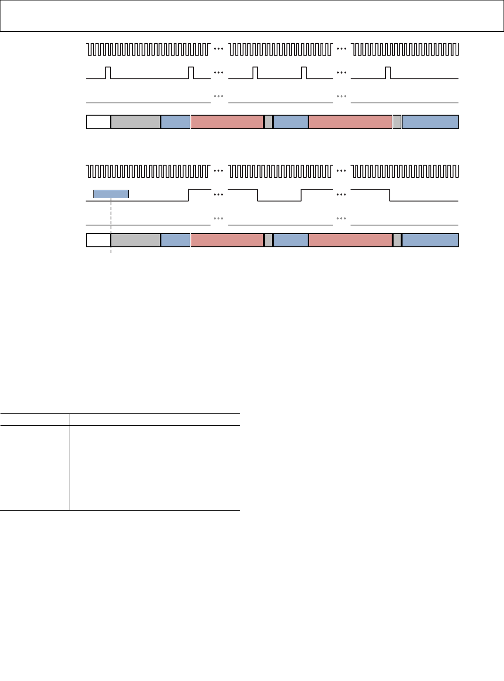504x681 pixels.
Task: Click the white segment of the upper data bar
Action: pyautogui.click(x=98, y=122)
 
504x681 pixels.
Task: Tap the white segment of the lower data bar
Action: pyautogui.click(x=98, y=240)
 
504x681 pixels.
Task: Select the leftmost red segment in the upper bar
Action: pyautogui.click(x=227, y=122)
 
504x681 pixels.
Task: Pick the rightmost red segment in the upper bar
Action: pyautogui.click(x=350, y=122)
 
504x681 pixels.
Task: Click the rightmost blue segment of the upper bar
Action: pyautogui.click(x=430, y=122)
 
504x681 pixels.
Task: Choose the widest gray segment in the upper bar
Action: pyautogui.click(x=135, y=122)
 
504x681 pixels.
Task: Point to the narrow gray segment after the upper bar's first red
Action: pyautogui.click(x=268, y=122)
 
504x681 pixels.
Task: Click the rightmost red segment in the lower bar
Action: pyautogui.click(x=350, y=240)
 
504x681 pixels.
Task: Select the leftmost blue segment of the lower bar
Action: pyautogui.click(x=175, y=240)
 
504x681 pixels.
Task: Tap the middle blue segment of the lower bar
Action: pyautogui.click(x=291, y=240)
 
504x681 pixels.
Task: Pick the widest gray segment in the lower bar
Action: pyautogui.click(x=135, y=240)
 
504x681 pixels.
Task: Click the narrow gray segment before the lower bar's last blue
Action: pyautogui.click(x=397, y=240)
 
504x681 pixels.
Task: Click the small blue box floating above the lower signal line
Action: pyautogui.click(x=111, y=194)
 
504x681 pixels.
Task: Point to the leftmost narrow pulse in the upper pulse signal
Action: pyautogui.click(x=108, y=73)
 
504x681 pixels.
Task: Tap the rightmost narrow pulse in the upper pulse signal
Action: pyautogui.click(x=388, y=73)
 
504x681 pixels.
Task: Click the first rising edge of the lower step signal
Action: pyautogui.click(x=189, y=195)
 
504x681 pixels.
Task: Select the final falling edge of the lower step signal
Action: pyautogui.click(x=390, y=195)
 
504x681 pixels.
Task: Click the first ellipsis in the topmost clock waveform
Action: pyautogui.click(x=218, y=49)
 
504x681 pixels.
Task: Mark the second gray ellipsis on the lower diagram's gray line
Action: pyautogui.click(x=341, y=219)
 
